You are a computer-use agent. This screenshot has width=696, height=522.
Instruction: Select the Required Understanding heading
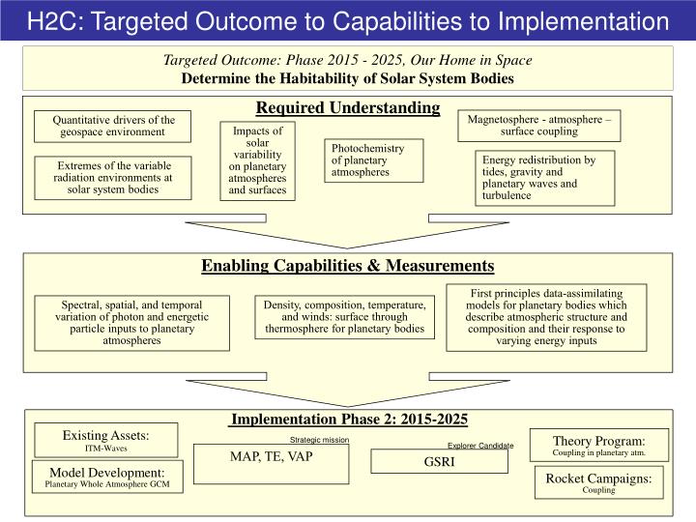pos(348,107)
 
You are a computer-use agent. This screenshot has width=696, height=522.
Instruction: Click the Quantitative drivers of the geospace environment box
pos(114,127)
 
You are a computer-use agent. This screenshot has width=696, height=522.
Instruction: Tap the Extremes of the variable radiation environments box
pos(114,177)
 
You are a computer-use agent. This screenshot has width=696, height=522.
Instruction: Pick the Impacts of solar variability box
pos(257,160)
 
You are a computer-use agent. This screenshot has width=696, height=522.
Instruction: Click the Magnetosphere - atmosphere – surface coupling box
pos(538,126)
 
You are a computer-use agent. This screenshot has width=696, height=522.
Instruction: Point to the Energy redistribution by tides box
pos(546,177)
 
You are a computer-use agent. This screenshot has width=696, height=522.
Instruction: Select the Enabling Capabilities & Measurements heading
pos(348,266)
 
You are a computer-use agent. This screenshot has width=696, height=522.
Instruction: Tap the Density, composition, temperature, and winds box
pos(344,317)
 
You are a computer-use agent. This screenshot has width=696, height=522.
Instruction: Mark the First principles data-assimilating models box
pos(546,317)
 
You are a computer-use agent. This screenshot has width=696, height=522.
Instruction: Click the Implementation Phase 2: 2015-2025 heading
pos(348,419)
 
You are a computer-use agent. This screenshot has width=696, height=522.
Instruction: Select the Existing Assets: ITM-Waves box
pos(106,440)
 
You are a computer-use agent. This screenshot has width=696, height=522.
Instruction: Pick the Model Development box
pos(106,477)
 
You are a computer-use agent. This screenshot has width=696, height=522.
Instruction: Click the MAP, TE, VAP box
pos(271,463)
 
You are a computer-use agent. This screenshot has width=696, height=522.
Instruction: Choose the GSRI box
pos(439,462)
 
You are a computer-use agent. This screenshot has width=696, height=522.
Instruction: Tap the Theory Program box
pos(598,445)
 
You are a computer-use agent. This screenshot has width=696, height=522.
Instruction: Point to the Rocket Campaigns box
pos(598,482)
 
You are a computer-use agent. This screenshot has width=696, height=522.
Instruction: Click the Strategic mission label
pos(319,440)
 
